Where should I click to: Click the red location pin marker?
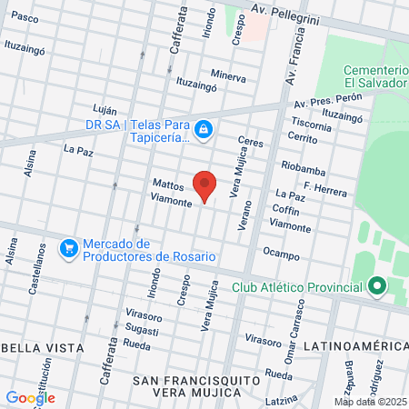coord(205,185)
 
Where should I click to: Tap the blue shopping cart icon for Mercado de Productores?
coord(68,247)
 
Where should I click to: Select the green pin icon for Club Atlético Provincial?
coord(377,288)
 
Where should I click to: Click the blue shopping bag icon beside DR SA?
coord(205,131)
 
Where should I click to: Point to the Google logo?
coord(30,397)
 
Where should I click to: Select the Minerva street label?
coord(228,77)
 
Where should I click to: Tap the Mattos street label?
coord(168,184)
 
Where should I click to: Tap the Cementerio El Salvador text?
coord(375,76)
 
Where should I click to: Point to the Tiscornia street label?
coord(312,125)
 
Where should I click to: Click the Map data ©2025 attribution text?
coord(370,402)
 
